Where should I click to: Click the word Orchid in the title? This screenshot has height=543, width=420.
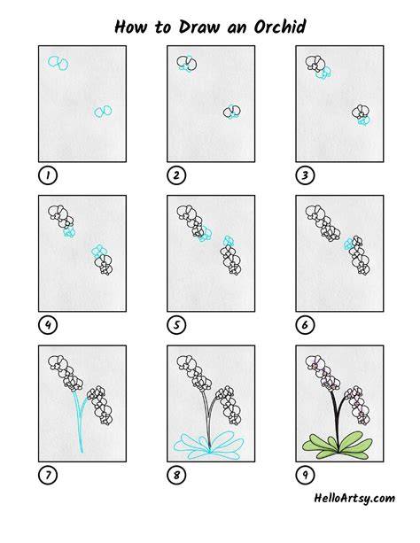point(280,27)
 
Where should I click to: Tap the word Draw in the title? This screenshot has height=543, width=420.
point(199,27)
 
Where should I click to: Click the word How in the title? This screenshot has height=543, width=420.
point(130,27)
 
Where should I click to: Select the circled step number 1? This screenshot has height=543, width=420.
point(48,175)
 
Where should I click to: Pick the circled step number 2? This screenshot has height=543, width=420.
point(176,175)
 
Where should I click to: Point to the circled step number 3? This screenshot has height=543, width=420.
point(305,175)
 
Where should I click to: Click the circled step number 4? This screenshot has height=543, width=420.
point(48,325)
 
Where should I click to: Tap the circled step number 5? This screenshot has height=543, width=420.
point(176,325)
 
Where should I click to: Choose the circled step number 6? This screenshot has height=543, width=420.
point(305,325)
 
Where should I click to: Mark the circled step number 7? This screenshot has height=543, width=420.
point(48,475)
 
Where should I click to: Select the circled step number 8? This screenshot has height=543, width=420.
point(176,475)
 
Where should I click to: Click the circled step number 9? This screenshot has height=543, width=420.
point(305,475)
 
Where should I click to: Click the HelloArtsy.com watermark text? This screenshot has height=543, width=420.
point(354,499)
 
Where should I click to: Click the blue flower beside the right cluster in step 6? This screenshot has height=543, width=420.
point(348,244)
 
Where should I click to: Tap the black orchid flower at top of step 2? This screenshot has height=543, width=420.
point(187,63)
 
